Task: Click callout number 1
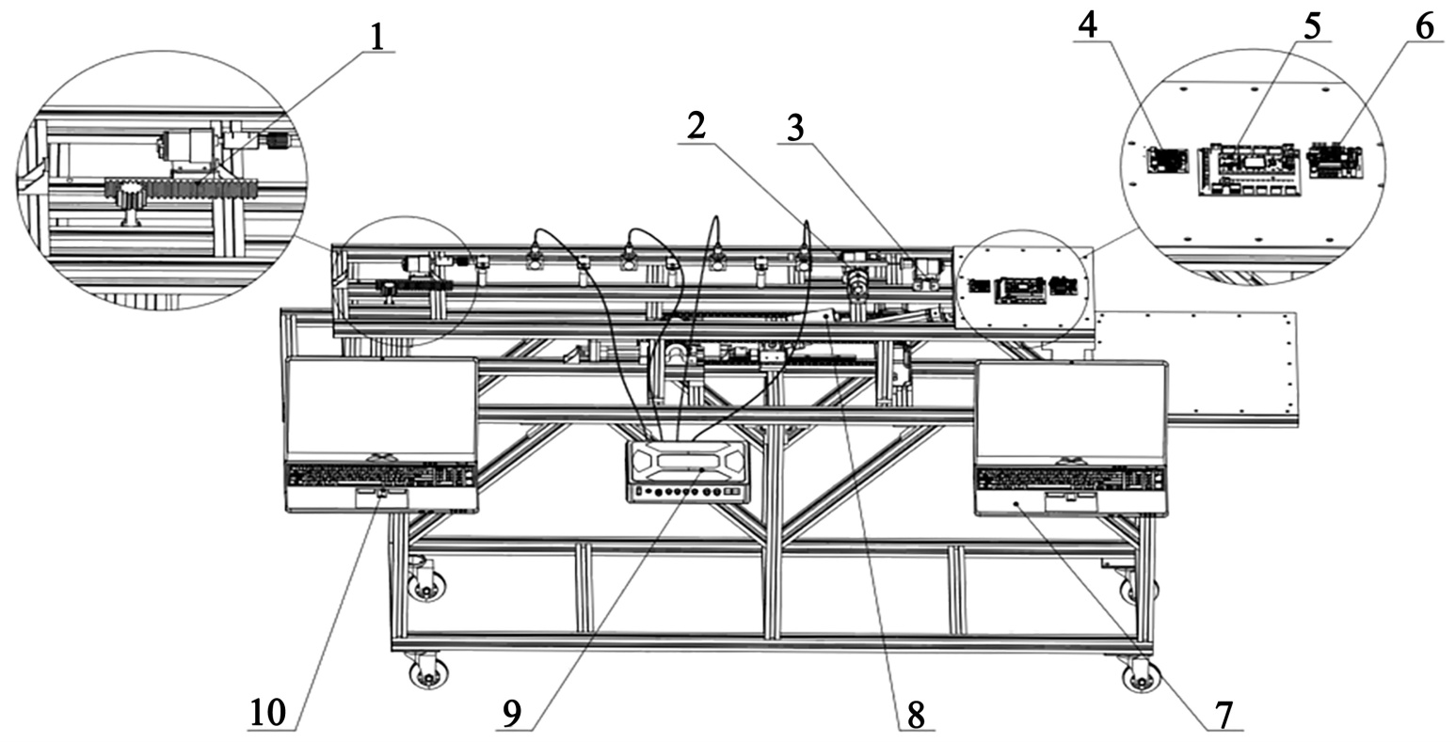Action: pyautogui.click(x=377, y=36)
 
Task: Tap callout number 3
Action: pyautogui.click(x=794, y=128)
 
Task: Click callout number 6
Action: pyautogui.click(x=1424, y=27)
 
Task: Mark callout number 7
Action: pyautogui.click(x=1223, y=715)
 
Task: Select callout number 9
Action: pyautogui.click(x=511, y=715)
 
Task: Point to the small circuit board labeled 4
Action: pyautogui.click(x=1167, y=160)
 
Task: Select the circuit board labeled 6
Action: pyautogui.click(x=1336, y=160)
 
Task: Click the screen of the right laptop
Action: pyautogui.click(x=1070, y=411)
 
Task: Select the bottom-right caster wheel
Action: pyautogui.click(x=1141, y=675)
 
